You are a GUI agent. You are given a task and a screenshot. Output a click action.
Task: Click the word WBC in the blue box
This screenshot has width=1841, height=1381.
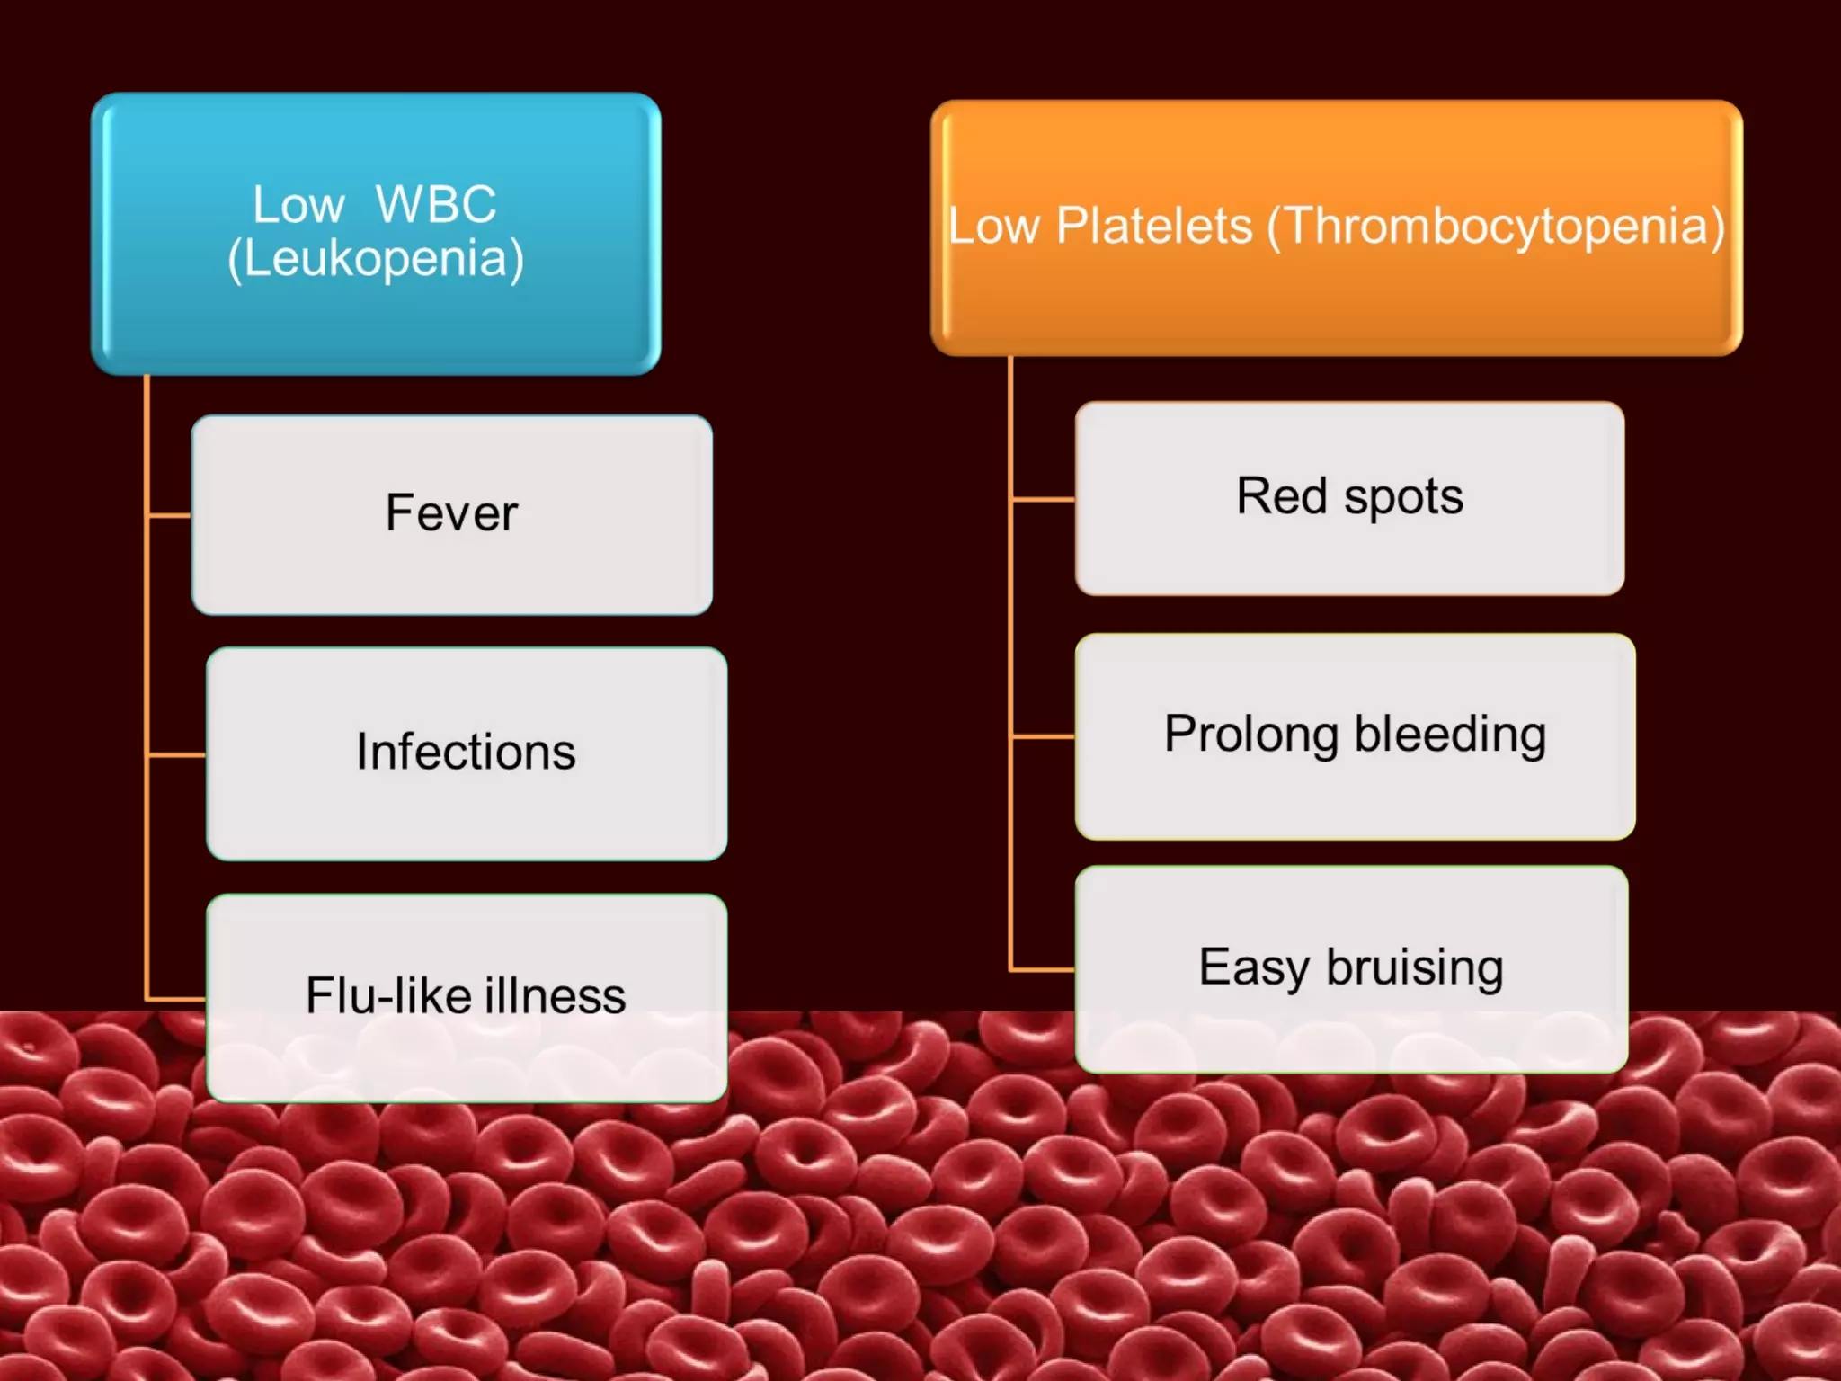coord(436,204)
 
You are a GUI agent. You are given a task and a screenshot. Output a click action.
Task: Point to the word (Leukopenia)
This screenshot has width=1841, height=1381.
coord(376,259)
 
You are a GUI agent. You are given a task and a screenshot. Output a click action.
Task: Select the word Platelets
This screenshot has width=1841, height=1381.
coord(1153,226)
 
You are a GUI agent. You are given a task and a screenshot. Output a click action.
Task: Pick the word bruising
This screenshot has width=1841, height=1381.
coord(1414,968)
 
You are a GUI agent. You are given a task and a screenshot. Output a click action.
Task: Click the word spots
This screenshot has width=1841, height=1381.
coord(1403,497)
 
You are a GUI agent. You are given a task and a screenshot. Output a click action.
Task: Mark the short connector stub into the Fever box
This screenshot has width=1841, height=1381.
coord(170,515)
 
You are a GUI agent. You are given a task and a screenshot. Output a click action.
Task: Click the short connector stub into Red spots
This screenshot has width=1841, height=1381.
coord(1043,498)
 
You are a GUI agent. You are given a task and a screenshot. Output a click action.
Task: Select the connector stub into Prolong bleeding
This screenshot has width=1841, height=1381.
coord(1043,736)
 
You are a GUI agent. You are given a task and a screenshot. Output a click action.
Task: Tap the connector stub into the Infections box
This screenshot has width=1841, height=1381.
coord(177,755)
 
